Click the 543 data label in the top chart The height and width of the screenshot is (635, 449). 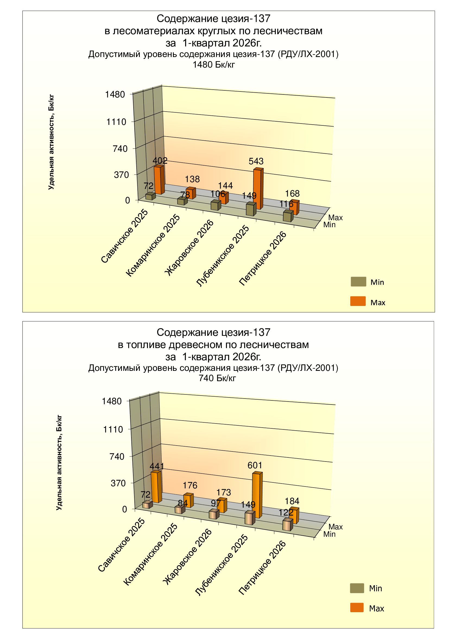click(256, 161)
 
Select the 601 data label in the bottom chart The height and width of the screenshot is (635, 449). click(255, 466)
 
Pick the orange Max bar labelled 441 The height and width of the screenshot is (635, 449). click(155, 487)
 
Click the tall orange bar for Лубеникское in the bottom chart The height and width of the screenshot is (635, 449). click(257, 495)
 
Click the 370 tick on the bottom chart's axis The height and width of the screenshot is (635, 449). click(118, 483)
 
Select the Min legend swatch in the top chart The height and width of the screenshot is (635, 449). click(358, 282)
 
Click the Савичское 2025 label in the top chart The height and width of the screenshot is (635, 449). click(124, 236)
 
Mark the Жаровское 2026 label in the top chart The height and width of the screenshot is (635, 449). click(190, 248)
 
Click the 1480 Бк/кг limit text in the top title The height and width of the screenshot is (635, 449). click(213, 65)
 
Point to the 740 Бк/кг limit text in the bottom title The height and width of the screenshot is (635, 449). click(217, 378)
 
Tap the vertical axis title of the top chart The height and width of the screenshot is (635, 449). click(51, 142)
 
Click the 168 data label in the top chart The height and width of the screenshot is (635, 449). click(292, 193)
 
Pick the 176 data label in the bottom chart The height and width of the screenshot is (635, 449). click(190, 485)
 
